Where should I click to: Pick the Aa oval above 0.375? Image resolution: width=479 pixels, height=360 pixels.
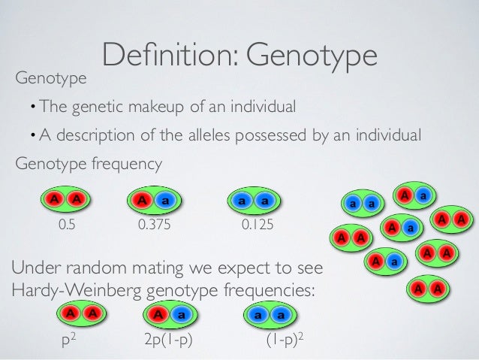click(155, 201)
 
